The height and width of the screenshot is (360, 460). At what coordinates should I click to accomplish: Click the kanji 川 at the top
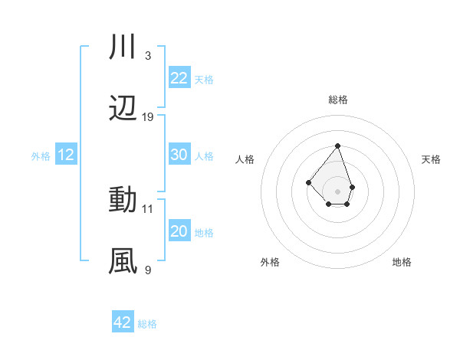(x=123, y=47)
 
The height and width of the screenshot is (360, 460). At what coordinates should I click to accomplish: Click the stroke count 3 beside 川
(x=148, y=56)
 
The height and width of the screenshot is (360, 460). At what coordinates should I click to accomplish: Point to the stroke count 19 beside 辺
(x=148, y=117)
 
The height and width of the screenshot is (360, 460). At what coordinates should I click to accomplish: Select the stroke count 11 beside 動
(x=148, y=208)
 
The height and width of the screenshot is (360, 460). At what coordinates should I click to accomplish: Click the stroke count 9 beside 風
(x=148, y=270)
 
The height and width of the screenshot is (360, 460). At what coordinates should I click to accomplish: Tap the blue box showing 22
(x=179, y=78)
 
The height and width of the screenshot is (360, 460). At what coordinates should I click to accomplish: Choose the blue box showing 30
(x=179, y=155)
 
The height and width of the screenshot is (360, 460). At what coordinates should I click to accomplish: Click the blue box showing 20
(x=179, y=231)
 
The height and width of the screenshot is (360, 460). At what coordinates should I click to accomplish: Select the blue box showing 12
(x=65, y=155)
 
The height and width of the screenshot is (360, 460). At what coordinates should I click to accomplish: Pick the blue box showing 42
(x=123, y=322)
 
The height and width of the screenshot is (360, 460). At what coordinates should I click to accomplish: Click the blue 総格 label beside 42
(x=147, y=324)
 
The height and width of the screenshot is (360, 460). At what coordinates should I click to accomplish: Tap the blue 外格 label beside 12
(x=41, y=156)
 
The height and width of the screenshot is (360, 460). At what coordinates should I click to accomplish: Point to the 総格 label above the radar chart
(x=337, y=100)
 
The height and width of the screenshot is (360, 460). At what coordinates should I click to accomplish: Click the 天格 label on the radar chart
(x=431, y=159)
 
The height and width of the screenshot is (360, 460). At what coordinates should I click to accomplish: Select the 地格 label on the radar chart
(x=402, y=262)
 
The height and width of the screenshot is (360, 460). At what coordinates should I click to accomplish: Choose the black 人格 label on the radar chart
(x=245, y=159)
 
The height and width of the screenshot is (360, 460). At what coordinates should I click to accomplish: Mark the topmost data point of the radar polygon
(x=337, y=146)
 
